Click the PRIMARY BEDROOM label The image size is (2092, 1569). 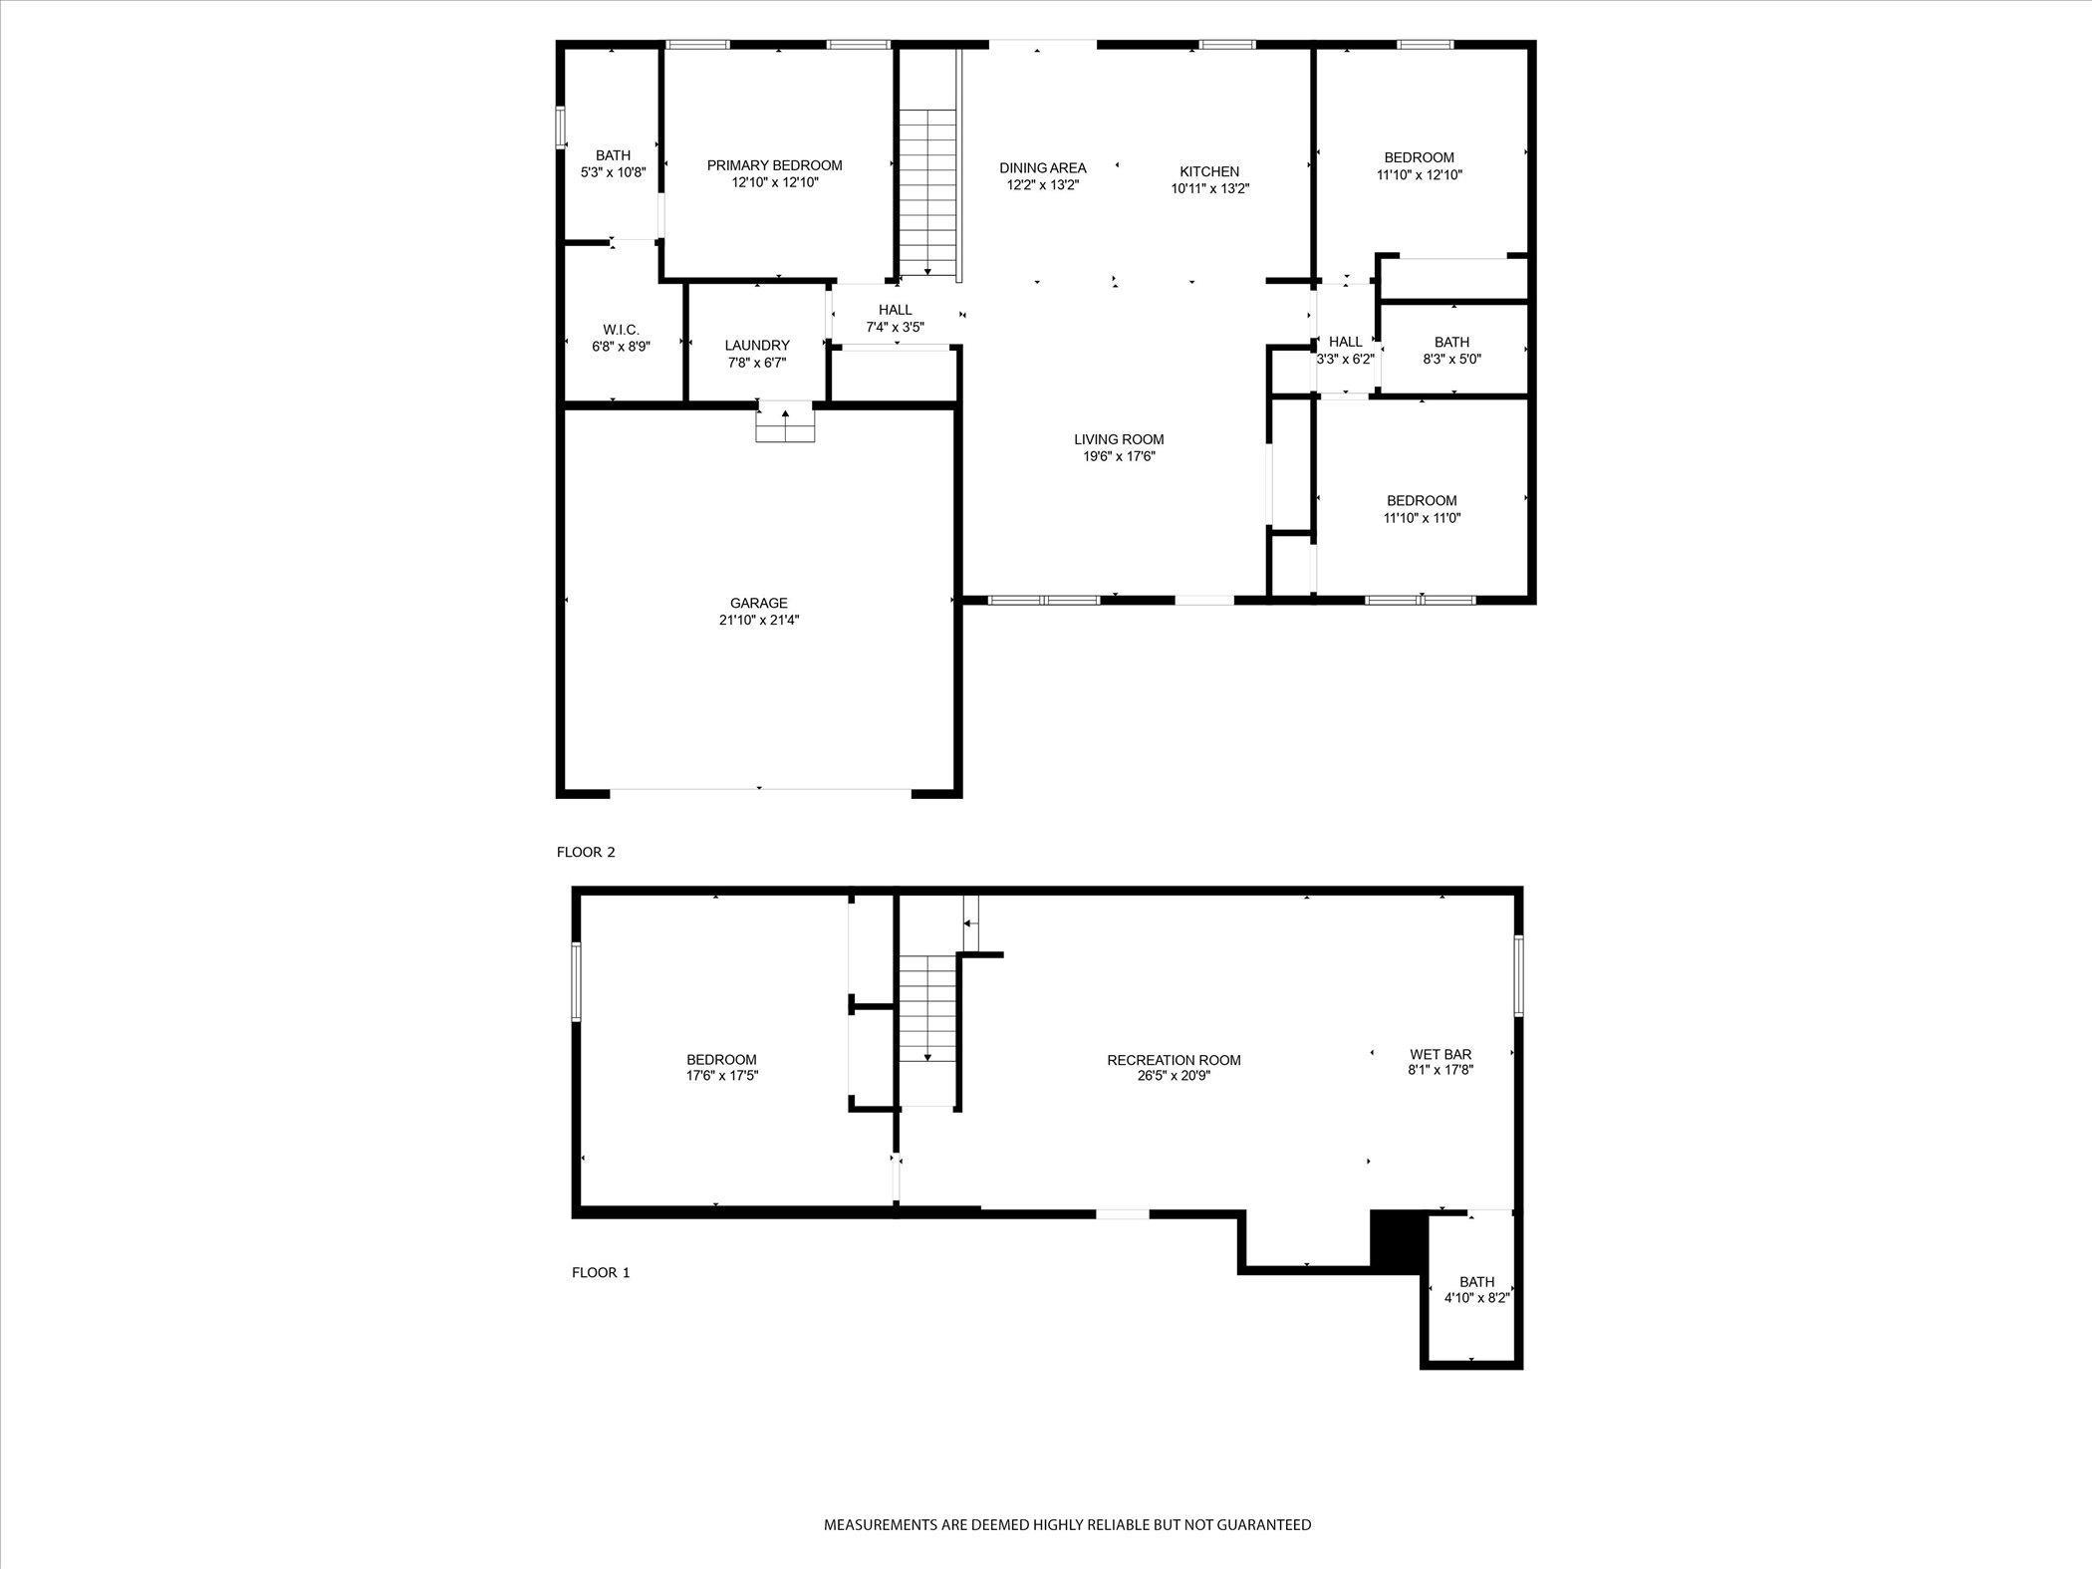coord(774,165)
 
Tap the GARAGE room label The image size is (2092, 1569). coord(759,603)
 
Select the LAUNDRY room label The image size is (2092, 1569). coord(757,346)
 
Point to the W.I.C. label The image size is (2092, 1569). coord(622,330)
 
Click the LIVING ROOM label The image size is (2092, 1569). coord(1119,439)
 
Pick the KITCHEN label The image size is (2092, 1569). coord(1209,171)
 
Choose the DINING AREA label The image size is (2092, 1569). coord(1043,168)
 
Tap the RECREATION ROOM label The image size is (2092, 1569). coord(1174,1060)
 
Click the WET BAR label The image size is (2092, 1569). coord(1440,1054)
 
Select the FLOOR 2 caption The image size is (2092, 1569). coord(586,852)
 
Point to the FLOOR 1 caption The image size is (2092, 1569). coord(601,1272)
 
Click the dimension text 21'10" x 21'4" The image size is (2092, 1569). coord(759,620)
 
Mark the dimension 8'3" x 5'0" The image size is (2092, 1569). coord(1452,359)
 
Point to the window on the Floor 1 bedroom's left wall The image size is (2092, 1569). coord(576,981)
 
